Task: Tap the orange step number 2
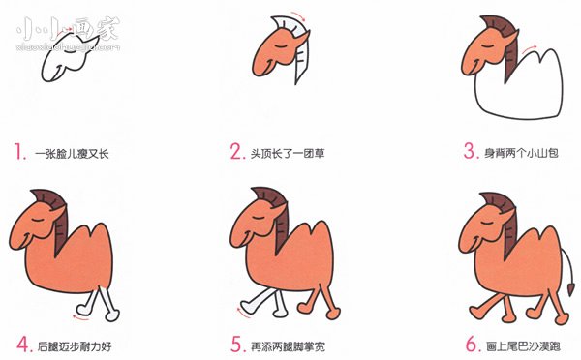click(x=235, y=152)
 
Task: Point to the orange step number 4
click(x=20, y=344)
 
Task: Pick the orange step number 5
click(x=235, y=344)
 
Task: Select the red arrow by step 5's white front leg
click(x=238, y=312)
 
